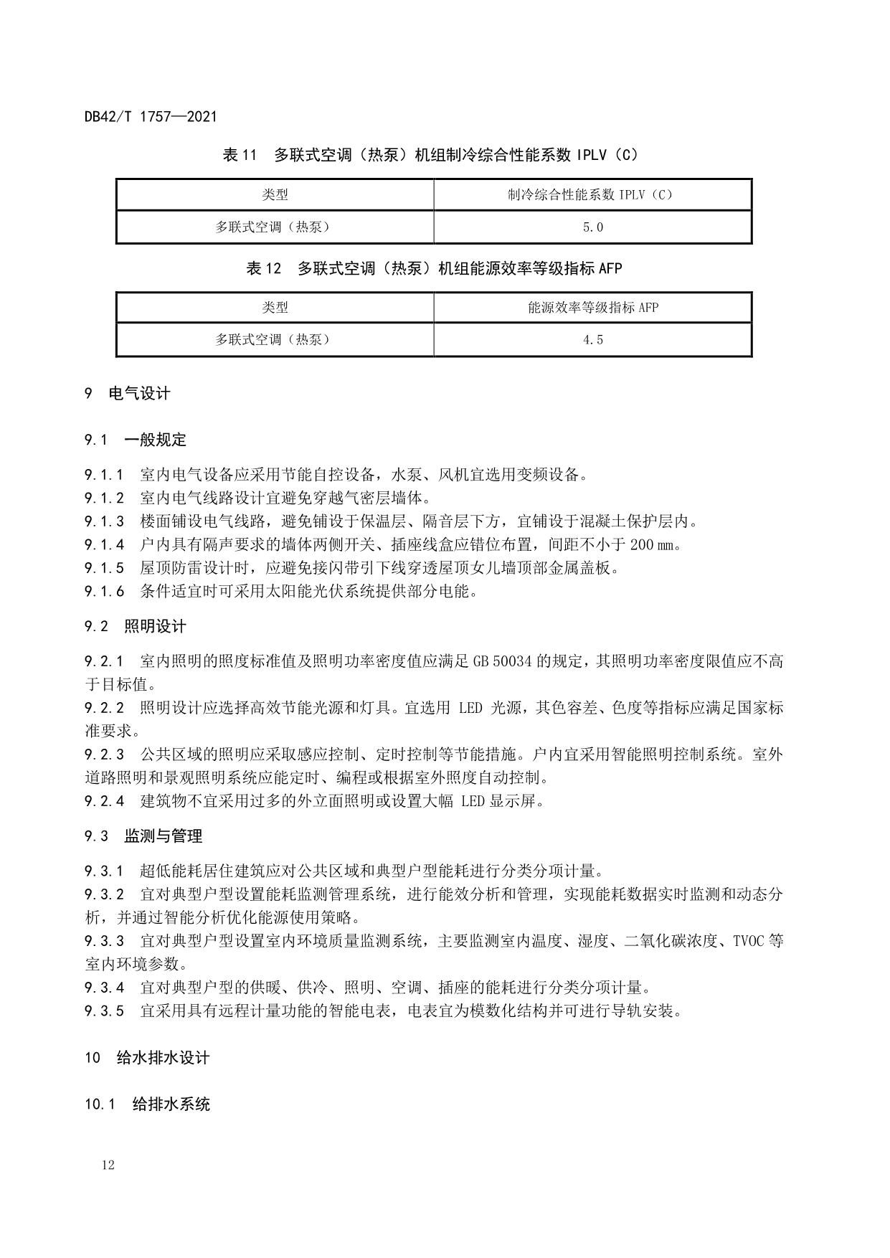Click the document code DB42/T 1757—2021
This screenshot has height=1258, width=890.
pos(150,116)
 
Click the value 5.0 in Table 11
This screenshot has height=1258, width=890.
pos(592,227)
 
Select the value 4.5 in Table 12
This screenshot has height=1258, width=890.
pos(592,340)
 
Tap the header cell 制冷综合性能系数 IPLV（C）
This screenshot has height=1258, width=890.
pos(592,194)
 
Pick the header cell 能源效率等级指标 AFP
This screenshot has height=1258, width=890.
pos(592,308)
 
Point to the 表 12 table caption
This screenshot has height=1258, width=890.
pos(434,268)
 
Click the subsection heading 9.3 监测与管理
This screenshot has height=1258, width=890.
pos(143,836)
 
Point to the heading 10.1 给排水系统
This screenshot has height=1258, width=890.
pos(147,1104)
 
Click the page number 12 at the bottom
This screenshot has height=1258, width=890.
pos(108,1165)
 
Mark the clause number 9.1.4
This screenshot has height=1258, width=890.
pos(104,544)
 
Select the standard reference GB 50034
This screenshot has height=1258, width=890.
pos(502,661)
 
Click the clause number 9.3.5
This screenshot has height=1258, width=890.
pos(104,1011)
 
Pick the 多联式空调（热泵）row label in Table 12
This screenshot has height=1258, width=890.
pos(274,340)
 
